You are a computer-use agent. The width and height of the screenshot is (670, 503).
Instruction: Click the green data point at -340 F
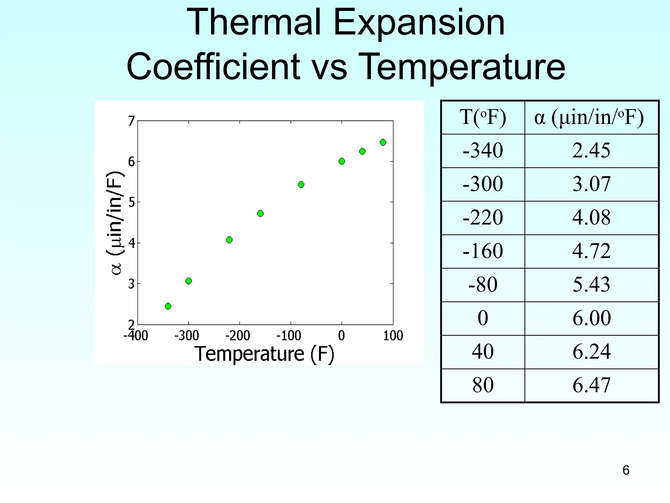[168, 306]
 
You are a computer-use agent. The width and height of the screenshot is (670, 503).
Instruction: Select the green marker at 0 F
[342, 161]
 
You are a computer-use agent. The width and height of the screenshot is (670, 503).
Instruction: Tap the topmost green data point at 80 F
[383, 142]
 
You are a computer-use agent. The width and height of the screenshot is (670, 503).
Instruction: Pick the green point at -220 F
[229, 240]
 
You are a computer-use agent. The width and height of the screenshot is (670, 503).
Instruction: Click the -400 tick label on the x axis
[135, 336]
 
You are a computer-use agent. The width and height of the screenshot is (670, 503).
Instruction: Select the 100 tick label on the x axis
[393, 336]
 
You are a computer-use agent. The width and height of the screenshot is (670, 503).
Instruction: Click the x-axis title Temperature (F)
[264, 354]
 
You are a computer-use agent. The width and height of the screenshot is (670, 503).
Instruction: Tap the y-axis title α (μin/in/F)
[115, 223]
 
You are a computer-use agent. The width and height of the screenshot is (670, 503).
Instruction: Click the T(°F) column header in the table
[483, 117]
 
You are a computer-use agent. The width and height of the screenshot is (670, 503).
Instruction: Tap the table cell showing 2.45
[591, 151]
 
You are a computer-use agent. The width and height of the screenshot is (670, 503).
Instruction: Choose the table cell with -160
[483, 251]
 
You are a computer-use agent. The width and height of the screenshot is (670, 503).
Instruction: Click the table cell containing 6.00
[591, 318]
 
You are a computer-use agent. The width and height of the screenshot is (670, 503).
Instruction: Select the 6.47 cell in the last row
[591, 385]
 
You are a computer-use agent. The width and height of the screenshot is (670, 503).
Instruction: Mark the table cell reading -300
[483, 184]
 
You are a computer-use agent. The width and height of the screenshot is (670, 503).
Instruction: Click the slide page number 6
[626, 470]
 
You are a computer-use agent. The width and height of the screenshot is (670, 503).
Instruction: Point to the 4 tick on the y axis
[132, 243]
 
